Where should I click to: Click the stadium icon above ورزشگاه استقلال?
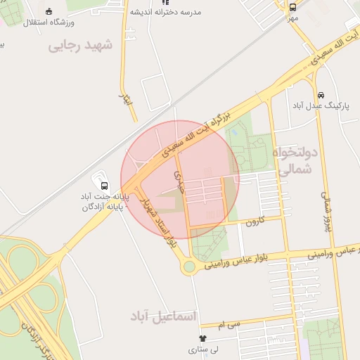coord(49,11)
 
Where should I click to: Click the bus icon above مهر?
coord(292,6)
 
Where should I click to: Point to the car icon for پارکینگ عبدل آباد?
coord(321,94)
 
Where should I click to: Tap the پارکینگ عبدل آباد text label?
coord(316,105)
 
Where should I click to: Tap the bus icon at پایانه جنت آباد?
coord(105,186)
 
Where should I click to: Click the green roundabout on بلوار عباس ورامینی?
coord(189,267)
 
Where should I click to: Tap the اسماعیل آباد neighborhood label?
coord(165,316)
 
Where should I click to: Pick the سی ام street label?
coord(229,324)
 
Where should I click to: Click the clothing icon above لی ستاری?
coord(203,339)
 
